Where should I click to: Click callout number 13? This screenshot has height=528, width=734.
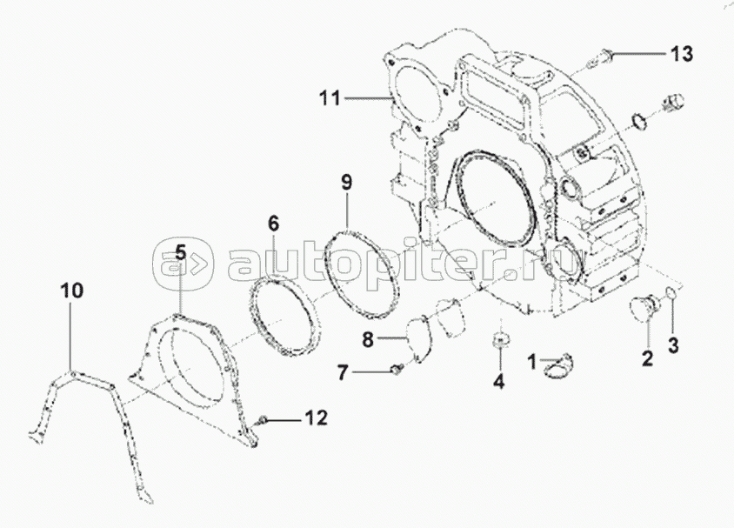(681, 55)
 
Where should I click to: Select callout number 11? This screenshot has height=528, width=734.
(329, 98)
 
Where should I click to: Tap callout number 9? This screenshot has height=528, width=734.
(346, 183)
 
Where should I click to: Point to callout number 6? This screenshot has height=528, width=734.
(273, 224)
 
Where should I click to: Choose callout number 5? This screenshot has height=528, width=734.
(180, 253)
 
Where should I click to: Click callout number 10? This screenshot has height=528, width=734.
(72, 291)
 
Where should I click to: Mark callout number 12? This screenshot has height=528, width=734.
(315, 419)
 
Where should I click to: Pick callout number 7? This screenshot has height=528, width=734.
(343, 373)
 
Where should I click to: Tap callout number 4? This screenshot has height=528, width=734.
(498, 380)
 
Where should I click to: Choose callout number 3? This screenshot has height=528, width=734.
(671, 344)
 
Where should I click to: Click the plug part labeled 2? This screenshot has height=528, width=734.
(644, 309)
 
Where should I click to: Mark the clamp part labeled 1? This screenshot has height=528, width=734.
(552, 369)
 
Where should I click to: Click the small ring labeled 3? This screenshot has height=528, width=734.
(671, 296)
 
